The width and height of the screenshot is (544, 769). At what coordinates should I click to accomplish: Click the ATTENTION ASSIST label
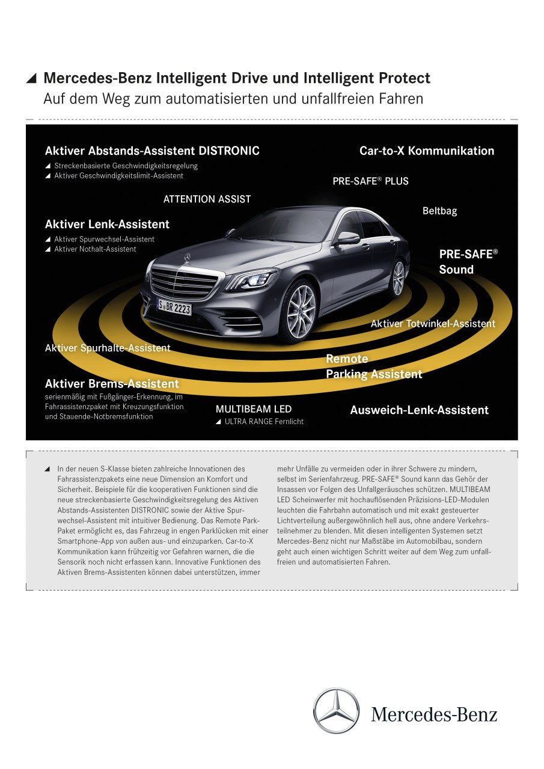click(x=207, y=199)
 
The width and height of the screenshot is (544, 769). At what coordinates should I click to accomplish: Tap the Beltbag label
click(x=439, y=211)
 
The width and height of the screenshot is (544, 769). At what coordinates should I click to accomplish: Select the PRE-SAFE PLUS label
click(x=370, y=181)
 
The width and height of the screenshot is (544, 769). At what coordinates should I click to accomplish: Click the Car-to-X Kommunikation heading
click(x=427, y=151)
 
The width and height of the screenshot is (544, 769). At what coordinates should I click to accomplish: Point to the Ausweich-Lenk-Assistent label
click(x=420, y=410)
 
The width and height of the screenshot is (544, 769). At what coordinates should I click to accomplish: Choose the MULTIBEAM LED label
click(x=254, y=409)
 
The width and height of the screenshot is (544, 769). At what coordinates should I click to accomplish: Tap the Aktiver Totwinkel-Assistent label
click(x=433, y=323)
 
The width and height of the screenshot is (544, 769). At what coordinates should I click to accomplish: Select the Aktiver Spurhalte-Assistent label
click(x=108, y=348)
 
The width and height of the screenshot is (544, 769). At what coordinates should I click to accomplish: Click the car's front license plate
click(x=174, y=306)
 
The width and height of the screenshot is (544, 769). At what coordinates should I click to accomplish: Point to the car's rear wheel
click(x=398, y=278)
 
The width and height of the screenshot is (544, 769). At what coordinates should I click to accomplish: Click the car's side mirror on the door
click(x=348, y=237)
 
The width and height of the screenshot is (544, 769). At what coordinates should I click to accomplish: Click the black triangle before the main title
click(x=31, y=79)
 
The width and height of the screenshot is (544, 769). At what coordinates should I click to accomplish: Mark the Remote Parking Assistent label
click(x=374, y=366)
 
